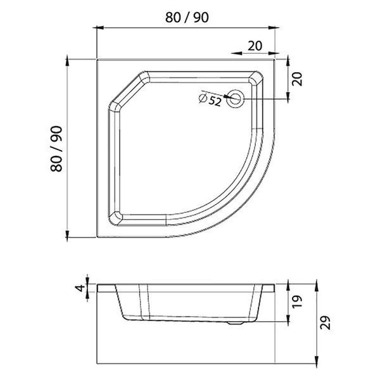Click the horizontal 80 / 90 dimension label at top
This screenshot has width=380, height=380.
tap(187, 18)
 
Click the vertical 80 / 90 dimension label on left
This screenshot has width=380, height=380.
tap(56, 149)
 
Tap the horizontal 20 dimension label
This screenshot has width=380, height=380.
tap(255, 46)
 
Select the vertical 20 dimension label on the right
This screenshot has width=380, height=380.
tap(297, 79)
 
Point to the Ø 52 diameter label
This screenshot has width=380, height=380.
tap(210, 99)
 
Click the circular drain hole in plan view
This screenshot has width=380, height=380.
tap(235, 99)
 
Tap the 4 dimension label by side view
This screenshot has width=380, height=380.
tap(80, 288)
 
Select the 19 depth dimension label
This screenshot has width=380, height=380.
tap(297, 301)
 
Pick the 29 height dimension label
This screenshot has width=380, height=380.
tap(326, 322)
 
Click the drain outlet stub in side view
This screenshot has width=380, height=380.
tap(236, 323)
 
